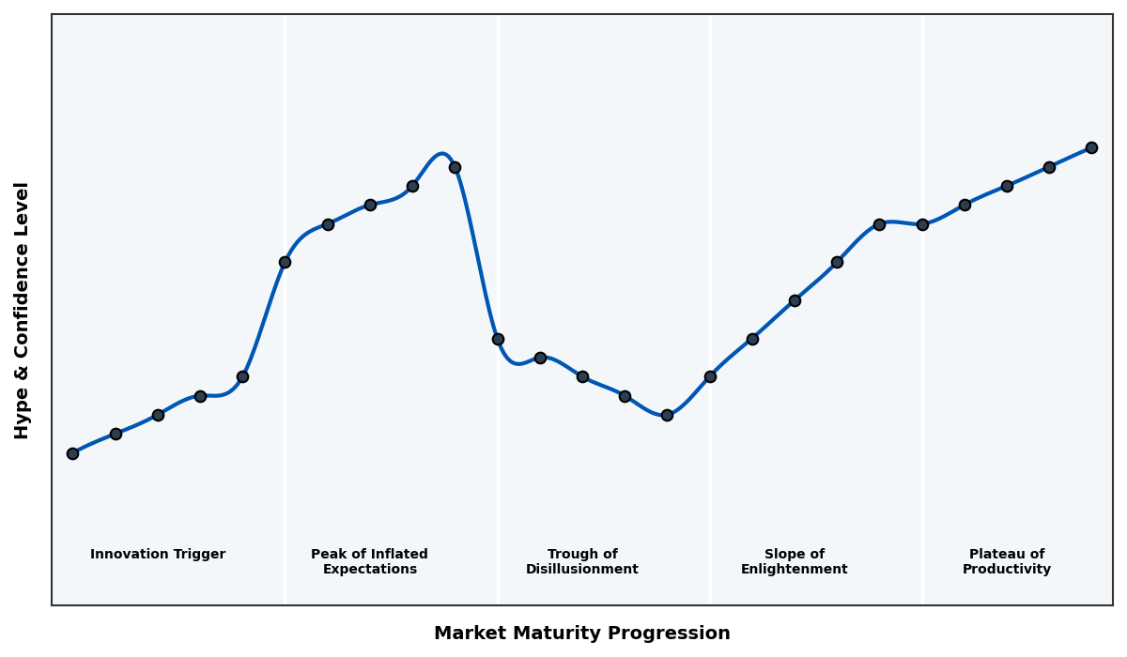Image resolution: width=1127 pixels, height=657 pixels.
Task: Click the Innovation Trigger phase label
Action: click(158, 555)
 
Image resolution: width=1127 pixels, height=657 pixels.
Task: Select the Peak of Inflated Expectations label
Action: click(369, 562)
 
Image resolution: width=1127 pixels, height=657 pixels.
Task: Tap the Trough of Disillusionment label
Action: click(582, 562)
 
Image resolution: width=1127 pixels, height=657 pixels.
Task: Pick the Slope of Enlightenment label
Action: click(794, 562)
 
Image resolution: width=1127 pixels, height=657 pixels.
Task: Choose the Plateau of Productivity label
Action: click(1007, 562)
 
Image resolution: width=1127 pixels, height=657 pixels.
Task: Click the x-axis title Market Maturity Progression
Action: click(581, 634)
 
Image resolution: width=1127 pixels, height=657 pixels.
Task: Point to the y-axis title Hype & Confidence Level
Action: click(23, 311)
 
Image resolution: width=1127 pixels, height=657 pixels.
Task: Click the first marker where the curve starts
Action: click(72, 453)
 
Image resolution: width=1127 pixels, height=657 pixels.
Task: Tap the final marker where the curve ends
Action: click(1091, 147)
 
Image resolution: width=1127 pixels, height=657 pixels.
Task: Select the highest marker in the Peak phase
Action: click(455, 167)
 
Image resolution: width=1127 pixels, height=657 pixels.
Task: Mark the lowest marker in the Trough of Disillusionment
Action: click(667, 415)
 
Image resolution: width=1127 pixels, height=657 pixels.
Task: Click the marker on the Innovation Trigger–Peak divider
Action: click(285, 262)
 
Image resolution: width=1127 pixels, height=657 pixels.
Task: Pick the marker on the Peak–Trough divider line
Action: click(498, 339)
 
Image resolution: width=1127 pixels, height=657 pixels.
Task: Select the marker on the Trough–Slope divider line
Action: click(710, 376)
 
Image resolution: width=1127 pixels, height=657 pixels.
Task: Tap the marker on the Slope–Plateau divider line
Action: click(922, 224)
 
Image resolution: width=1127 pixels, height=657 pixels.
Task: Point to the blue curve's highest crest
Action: click(441, 153)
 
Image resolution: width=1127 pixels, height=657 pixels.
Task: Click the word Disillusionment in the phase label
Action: click(582, 570)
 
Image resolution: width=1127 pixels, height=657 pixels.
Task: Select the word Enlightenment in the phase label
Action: click(794, 570)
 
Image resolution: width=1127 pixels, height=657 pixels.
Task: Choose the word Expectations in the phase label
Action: click(369, 570)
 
